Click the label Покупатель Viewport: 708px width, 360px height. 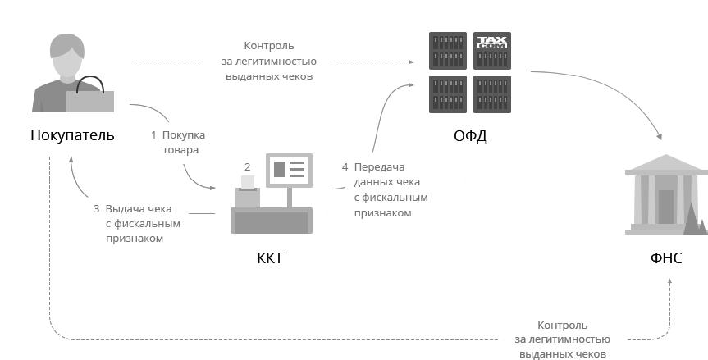(x=72, y=134)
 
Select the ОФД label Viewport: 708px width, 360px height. (x=470, y=135)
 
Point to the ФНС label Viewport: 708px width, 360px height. (x=666, y=260)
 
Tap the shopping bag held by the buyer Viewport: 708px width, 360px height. (x=90, y=98)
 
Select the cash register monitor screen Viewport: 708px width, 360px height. (x=288, y=170)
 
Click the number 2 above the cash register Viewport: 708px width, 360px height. (x=247, y=166)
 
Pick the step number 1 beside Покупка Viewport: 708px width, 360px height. (x=153, y=134)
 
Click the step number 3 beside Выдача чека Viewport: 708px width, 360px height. (x=96, y=208)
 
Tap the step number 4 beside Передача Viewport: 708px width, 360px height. (x=345, y=167)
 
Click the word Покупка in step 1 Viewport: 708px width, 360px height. (x=184, y=134)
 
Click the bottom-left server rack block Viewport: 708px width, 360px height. (x=448, y=94)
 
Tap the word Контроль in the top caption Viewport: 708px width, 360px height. (x=269, y=46)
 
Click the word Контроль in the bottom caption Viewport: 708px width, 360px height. (x=563, y=325)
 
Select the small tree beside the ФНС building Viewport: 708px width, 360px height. (x=693, y=217)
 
